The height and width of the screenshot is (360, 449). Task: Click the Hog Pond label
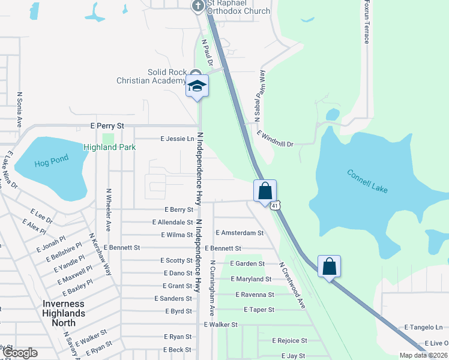[x=52, y=160]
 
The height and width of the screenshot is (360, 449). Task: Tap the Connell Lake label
[x=367, y=181]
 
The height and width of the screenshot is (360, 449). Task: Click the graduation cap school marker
[x=197, y=86]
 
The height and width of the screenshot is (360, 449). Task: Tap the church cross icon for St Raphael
[x=198, y=6]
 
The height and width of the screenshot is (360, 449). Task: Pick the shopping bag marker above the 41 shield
[x=265, y=191]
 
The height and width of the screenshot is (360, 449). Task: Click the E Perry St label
[x=107, y=127]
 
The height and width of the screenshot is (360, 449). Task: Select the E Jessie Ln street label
[x=177, y=139]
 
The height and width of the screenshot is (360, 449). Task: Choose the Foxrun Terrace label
[x=366, y=22]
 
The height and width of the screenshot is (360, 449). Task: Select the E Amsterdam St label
[x=240, y=233]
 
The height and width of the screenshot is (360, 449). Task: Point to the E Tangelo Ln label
[x=423, y=327]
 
